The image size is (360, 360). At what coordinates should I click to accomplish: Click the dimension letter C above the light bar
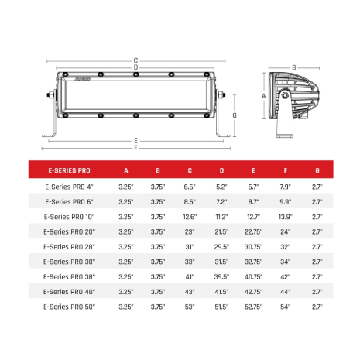pyautogui.click(x=135, y=60)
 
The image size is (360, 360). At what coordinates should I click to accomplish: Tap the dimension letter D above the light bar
pyautogui.click(x=135, y=67)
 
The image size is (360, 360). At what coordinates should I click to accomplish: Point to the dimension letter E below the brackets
pyautogui.click(x=135, y=141)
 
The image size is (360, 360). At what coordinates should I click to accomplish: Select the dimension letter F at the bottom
pyautogui.click(x=135, y=148)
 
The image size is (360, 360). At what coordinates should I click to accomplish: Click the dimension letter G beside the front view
pyautogui.click(x=235, y=115)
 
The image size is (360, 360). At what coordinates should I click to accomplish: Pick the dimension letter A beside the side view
pyautogui.click(x=263, y=96)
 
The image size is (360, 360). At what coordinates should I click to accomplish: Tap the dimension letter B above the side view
pyautogui.click(x=294, y=67)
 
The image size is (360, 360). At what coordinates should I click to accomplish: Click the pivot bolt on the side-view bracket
pyautogui.click(x=285, y=95)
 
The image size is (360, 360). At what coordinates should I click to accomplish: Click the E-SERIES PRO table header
pyautogui.click(x=70, y=170)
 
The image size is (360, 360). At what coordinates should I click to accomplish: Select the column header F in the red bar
pyautogui.click(x=286, y=170)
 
